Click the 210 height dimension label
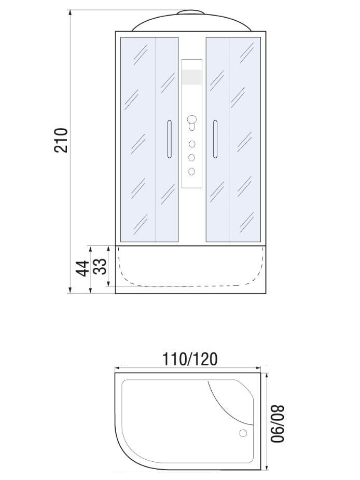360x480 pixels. pos(61,140)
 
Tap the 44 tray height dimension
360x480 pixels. pos(82,268)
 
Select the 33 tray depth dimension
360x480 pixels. pos(100,266)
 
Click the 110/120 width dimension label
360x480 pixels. pos(190,359)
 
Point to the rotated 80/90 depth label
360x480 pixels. pos(278,423)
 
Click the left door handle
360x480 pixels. pos(169,139)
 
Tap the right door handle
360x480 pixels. pos(215,139)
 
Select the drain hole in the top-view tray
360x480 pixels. pos(243,433)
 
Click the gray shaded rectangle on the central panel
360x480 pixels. pos(192,77)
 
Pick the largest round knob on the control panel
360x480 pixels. pos(191,119)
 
